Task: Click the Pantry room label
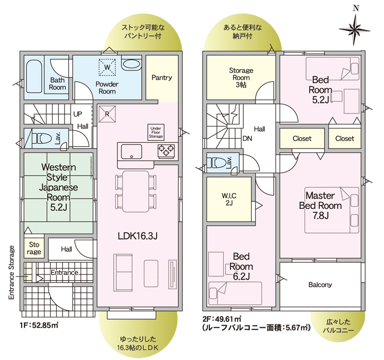coord(162,78)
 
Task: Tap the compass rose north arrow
coord(354,29)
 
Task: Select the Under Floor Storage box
coord(156,132)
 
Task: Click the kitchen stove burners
coord(166,150)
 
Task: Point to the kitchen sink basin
coord(132,152)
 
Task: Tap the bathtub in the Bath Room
coord(34,77)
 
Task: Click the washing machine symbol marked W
coord(108,67)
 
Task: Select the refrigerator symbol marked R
coord(107,114)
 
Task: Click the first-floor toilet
coord(41,139)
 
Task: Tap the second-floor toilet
coord(216,163)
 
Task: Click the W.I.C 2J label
coord(229,199)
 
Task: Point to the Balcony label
coord(320,285)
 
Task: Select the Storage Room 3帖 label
coord(241,78)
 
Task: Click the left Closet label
coord(302,139)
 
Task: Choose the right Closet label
coord(345,139)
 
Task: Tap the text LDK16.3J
coord(138,236)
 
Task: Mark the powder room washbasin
coord(132,65)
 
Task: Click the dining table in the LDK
coord(136,191)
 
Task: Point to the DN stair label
coord(247,139)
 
